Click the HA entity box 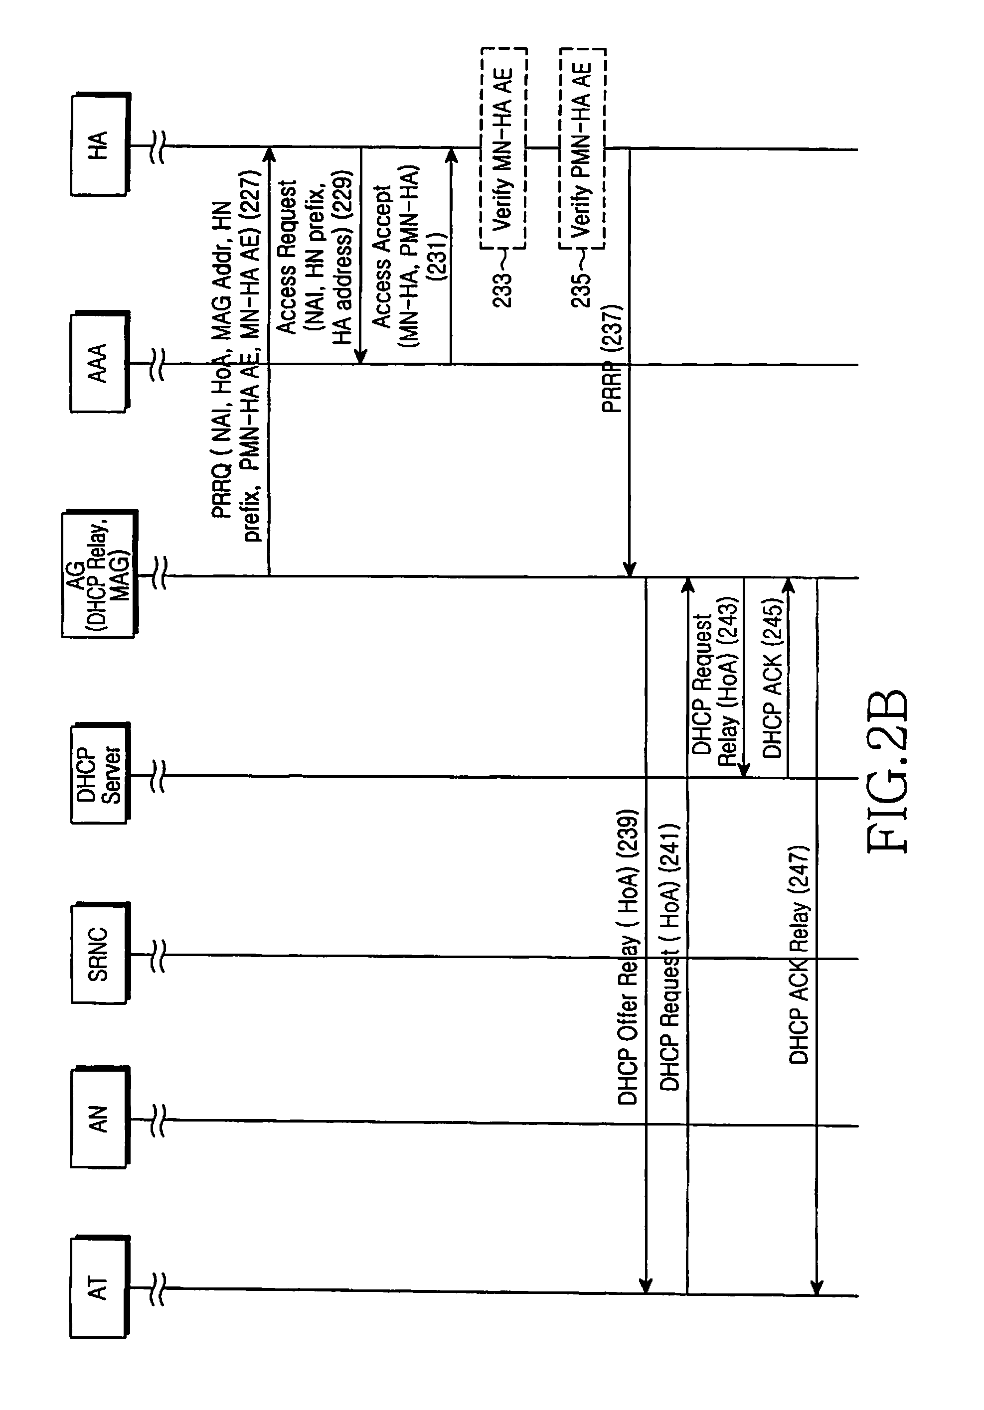click(x=100, y=144)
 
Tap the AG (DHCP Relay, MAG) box click(x=100, y=573)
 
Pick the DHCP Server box click(x=100, y=774)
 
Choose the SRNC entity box click(x=100, y=953)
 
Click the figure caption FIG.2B click(x=888, y=771)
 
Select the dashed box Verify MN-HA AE click(x=503, y=148)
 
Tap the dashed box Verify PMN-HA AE click(x=582, y=148)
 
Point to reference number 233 click(x=502, y=288)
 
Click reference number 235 click(x=581, y=288)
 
